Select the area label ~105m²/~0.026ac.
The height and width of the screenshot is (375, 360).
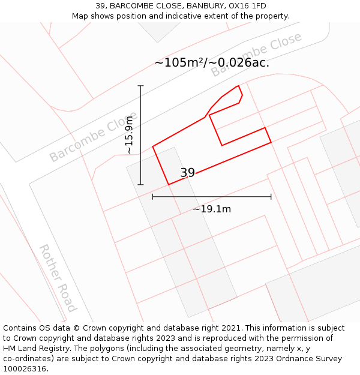[x=212, y=62]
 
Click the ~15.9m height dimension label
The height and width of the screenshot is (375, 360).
[x=129, y=135]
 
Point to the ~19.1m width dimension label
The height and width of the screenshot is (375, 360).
[x=212, y=209]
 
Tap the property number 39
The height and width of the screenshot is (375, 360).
[x=187, y=173]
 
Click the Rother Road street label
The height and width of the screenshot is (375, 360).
[x=58, y=278]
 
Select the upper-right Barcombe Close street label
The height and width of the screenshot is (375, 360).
[x=256, y=55]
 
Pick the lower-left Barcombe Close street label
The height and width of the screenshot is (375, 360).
[x=93, y=136]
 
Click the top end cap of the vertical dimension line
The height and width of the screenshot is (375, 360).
[x=141, y=86]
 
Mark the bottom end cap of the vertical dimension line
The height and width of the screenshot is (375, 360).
[x=141, y=184]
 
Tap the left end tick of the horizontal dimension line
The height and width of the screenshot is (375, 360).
[x=153, y=196]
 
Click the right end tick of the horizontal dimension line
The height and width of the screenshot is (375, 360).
[x=271, y=196]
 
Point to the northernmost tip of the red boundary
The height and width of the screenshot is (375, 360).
[x=239, y=86]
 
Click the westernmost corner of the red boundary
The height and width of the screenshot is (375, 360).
[x=153, y=146]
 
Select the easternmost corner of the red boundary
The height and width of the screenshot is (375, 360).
[x=271, y=142]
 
